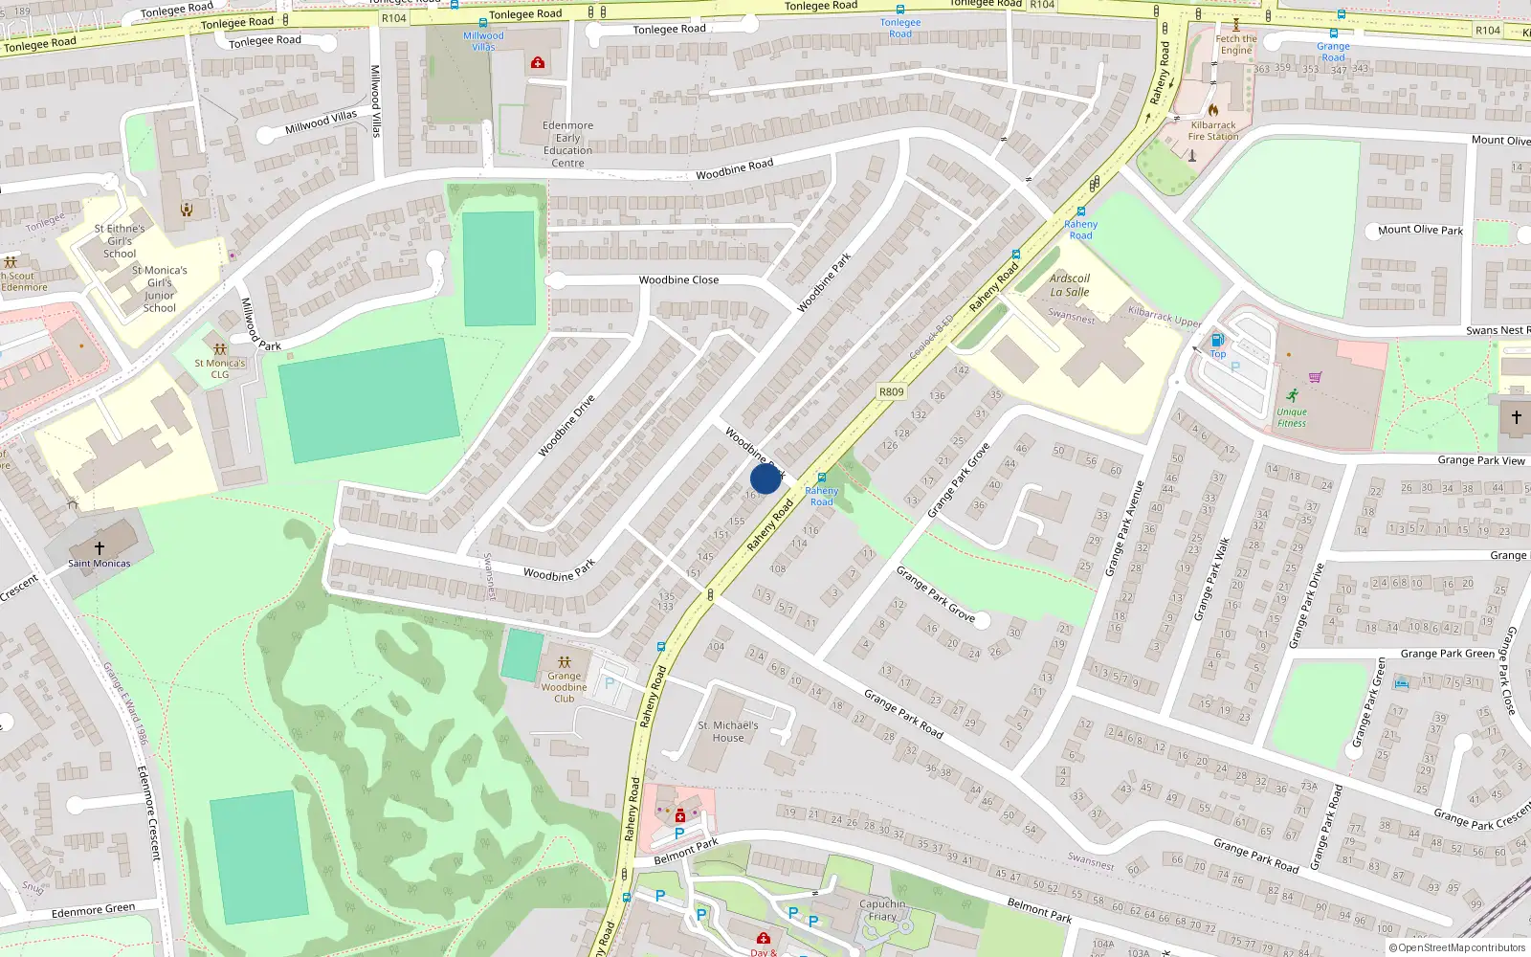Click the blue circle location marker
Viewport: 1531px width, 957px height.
[765, 478]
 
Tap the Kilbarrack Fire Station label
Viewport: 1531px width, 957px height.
[1213, 131]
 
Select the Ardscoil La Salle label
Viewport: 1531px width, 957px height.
[1070, 285]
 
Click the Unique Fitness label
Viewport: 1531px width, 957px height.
[1292, 417]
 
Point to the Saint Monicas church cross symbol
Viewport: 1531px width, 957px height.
[100, 548]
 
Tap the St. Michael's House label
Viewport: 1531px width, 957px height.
[728, 731]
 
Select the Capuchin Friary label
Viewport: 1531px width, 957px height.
[882, 910]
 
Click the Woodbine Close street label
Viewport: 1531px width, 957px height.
[678, 280]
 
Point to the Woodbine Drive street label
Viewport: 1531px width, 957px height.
[566, 426]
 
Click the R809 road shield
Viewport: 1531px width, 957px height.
[891, 391]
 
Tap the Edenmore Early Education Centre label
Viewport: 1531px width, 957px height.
[568, 145]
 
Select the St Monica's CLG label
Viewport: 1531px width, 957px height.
[220, 368]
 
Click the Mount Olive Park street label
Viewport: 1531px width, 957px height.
[1420, 230]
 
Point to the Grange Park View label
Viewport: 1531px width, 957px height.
[1481, 460]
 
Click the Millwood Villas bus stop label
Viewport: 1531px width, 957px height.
[483, 41]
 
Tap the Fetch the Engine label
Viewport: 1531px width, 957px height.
[1236, 45]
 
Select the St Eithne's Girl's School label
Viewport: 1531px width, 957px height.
[120, 241]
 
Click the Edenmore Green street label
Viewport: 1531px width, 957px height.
[93, 910]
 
